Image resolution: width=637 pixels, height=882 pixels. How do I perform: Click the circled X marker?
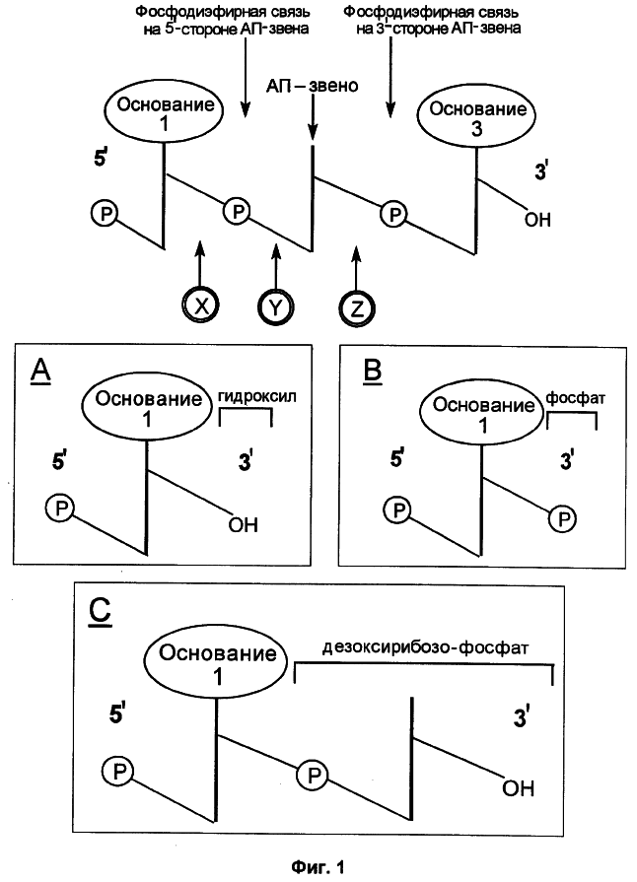pos(200,305)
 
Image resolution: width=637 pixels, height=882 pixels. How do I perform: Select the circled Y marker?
pos(275,307)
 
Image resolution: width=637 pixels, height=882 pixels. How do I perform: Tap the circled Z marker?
pos(357,309)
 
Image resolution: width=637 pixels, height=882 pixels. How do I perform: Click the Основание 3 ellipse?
pos(477,117)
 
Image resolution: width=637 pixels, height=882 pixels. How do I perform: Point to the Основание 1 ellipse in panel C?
pos(218,662)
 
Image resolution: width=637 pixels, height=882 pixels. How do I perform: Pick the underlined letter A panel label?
pos(40,371)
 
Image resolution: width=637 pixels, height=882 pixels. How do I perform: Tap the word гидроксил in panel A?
pos(256,396)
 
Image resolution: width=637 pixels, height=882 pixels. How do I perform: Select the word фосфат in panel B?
pos(576,398)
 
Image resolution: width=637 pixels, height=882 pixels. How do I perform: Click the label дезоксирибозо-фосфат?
pos(425,648)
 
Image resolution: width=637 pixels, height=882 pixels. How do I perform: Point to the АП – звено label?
pos(313,86)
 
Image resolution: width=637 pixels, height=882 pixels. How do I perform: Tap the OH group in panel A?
pos(244,525)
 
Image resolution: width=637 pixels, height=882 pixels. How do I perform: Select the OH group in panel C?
pos(518,788)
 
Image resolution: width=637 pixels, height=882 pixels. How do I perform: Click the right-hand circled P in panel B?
pos(563,518)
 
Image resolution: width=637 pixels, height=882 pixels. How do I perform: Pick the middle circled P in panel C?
pos(314,776)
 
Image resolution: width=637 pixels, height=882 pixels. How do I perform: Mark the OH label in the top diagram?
pos(537,220)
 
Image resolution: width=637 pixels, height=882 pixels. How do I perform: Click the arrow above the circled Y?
pos(275,266)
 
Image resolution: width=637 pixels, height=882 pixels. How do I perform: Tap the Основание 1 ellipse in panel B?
pos(483,414)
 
